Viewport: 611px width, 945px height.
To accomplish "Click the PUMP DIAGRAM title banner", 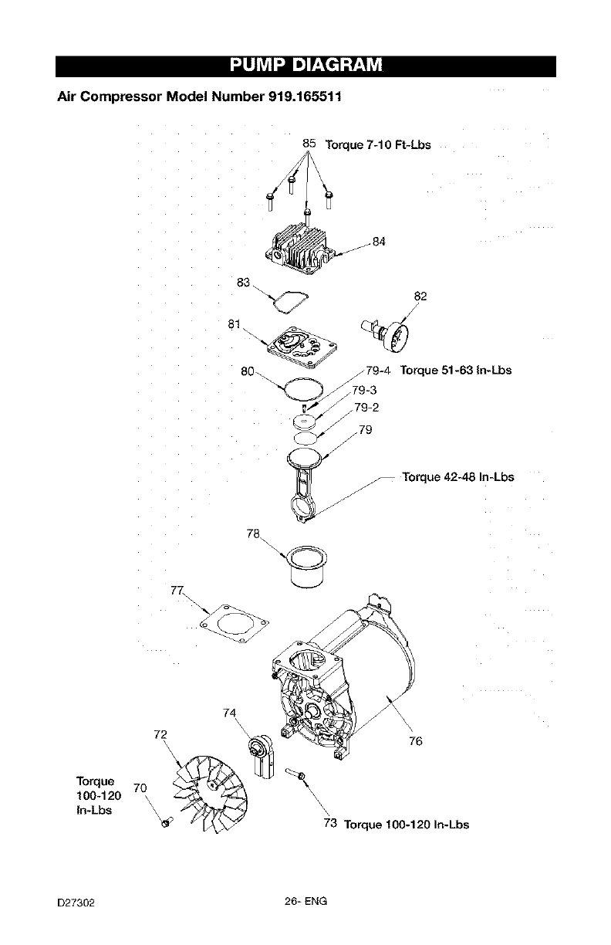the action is click(x=305, y=66).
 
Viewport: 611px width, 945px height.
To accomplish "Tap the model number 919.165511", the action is click(x=294, y=98).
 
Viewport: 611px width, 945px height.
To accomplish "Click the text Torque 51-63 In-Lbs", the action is click(x=455, y=370).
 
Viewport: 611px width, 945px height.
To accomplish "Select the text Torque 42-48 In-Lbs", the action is click(x=457, y=476).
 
